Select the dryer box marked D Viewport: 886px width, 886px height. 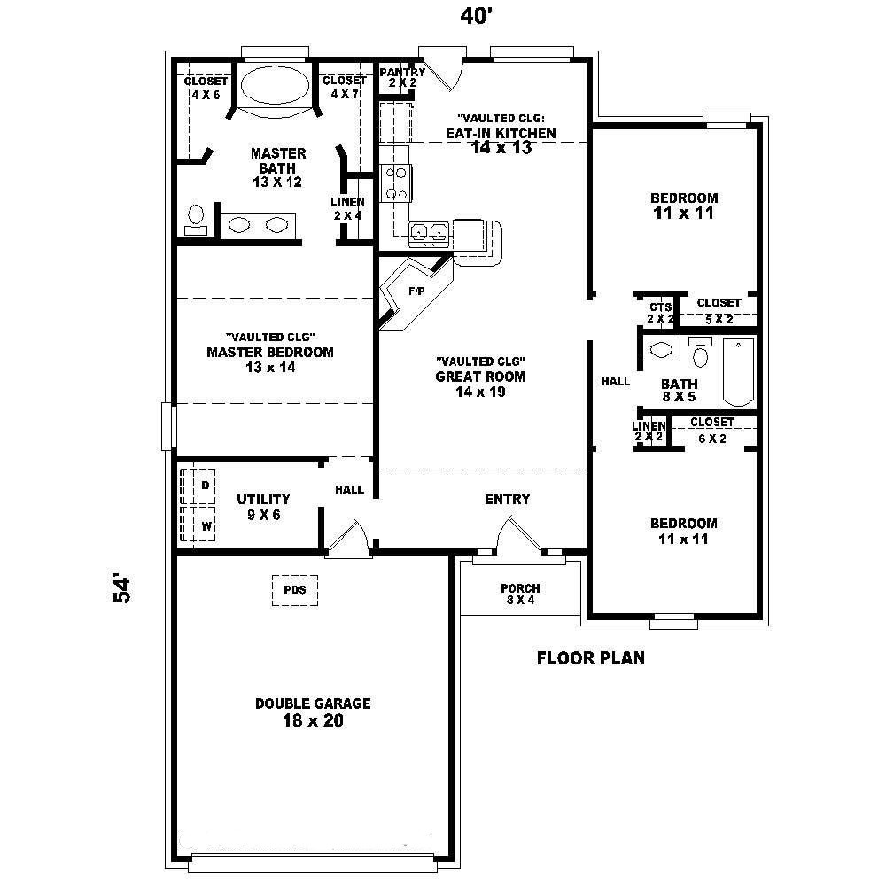coord(205,485)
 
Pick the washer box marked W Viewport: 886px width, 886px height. coord(206,525)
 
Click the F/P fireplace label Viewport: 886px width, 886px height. coord(416,290)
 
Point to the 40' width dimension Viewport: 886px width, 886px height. coord(475,18)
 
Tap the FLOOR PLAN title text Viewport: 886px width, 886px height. coord(591,658)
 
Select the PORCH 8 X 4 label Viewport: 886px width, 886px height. coord(520,594)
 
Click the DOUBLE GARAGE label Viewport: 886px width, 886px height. coord(313,711)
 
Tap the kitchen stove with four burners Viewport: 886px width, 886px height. coord(395,183)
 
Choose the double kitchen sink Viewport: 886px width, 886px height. coord(430,233)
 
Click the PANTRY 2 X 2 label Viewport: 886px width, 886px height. coord(401,77)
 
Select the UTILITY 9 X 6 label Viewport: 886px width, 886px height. coord(263,507)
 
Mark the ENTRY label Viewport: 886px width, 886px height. coord(507,500)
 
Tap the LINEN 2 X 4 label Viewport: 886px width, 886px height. coord(347,208)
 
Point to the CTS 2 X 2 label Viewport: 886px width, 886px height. coord(660,312)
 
